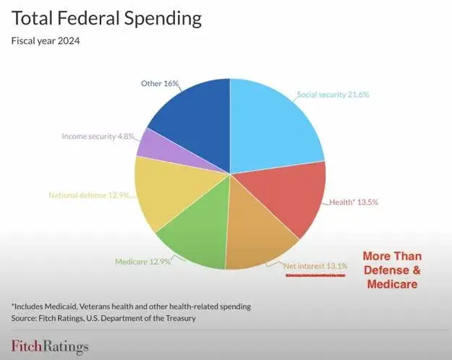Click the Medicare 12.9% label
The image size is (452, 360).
142,262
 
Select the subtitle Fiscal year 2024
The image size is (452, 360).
45,40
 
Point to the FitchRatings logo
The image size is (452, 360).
49,346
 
